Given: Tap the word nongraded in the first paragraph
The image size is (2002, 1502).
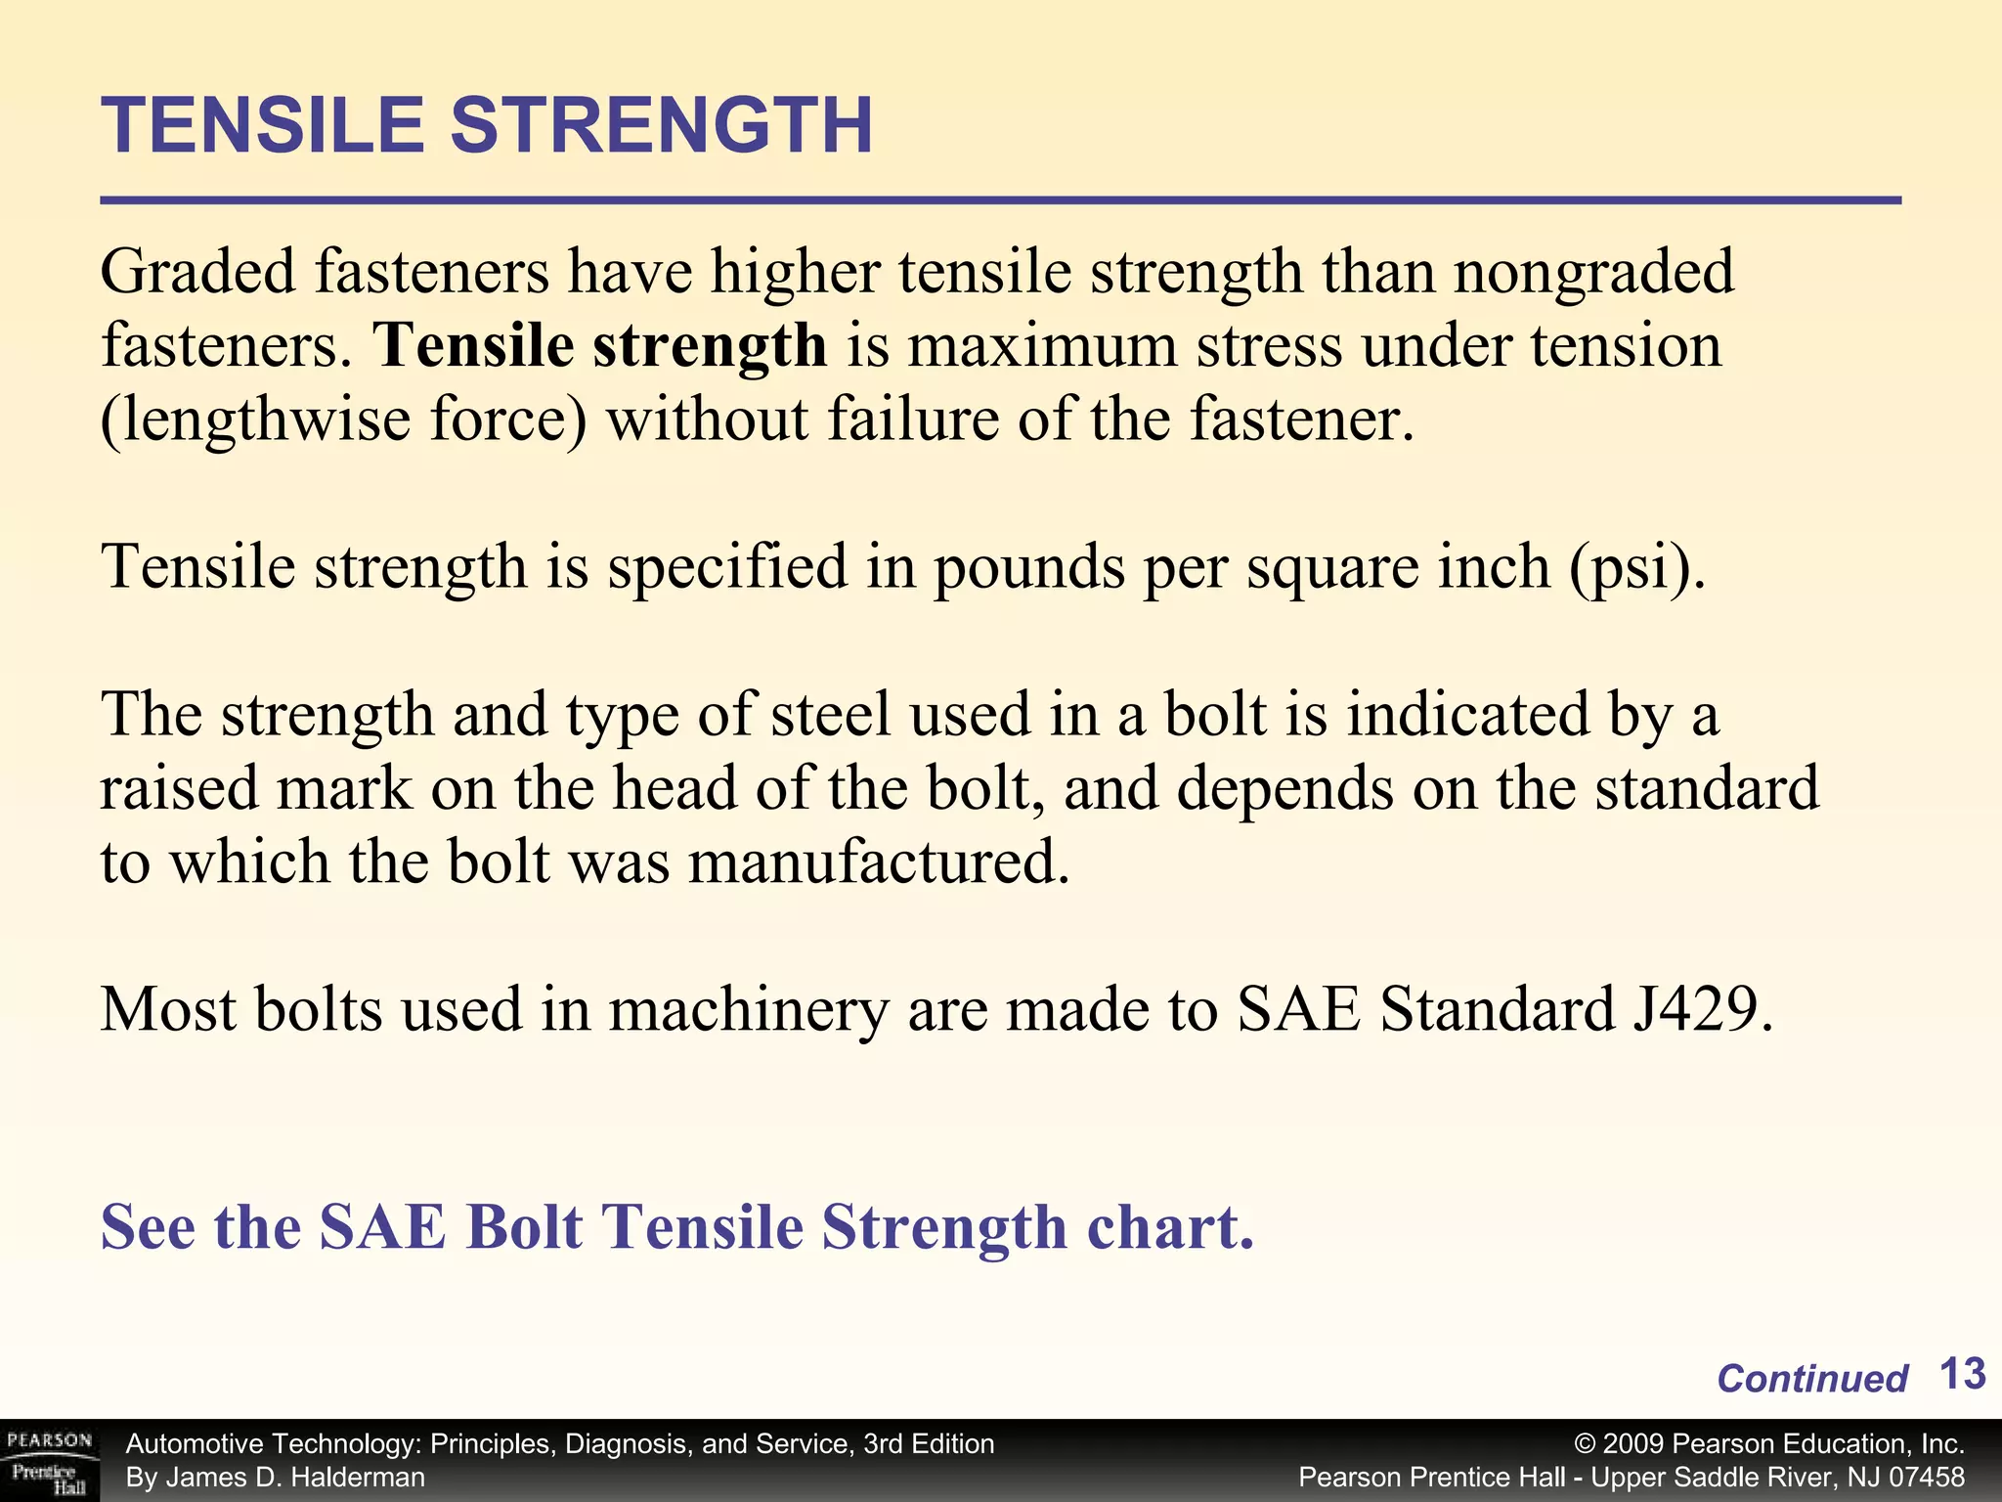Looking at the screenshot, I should [x=1592, y=273].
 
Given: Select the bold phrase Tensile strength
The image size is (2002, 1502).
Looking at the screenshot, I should [x=601, y=346].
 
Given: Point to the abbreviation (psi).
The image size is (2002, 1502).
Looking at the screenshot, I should [x=1637, y=567].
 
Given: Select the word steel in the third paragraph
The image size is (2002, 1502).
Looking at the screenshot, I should [x=831, y=714].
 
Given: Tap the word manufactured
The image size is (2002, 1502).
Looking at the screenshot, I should [x=879, y=862].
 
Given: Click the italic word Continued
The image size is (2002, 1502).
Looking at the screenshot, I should [x=1811, y=1379].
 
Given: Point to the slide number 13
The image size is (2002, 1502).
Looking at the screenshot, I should [x=1961, y=1374].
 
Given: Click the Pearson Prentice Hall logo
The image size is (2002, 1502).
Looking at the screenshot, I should [x=49, y=1461].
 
